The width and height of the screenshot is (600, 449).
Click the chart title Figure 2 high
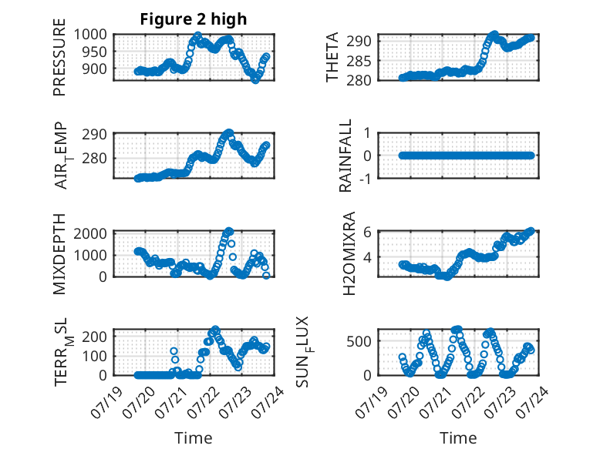point(194,19)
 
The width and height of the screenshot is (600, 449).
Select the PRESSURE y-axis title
point(59,57)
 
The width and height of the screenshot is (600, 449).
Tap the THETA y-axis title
point(332,57)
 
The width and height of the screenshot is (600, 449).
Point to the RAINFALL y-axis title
point(346,156)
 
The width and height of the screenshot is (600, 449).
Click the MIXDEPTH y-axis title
point(59,254)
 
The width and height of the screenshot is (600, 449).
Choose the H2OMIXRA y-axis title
point(349,253)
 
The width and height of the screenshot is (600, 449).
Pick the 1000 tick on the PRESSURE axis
point(90,35)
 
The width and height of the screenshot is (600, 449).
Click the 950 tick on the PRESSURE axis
point(95,52)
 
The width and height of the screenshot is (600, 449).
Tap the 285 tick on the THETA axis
point(359,61)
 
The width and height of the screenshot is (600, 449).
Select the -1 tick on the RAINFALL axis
point(366,178)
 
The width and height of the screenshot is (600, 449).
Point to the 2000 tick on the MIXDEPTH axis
point(90,233)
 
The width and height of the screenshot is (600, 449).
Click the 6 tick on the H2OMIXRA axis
point(368,232)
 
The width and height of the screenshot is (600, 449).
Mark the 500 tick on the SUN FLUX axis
point(359,341)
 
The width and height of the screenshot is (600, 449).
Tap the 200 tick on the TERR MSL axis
point(95,337)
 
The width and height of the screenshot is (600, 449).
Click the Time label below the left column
point(194,438)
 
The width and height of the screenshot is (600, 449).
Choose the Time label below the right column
point(458,438)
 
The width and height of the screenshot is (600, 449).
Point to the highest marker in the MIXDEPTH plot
point(229,231)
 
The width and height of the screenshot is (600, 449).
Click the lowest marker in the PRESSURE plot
point(255,80)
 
